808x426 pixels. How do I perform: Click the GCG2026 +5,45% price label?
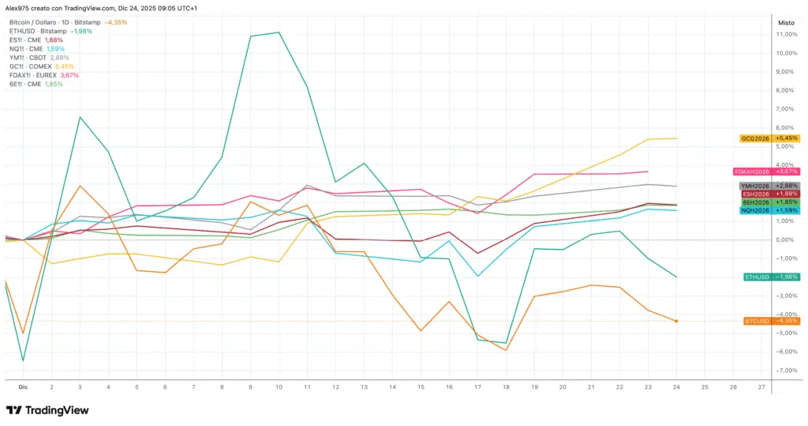coord(769,138)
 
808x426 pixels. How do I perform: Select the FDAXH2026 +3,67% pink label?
coord(765,171)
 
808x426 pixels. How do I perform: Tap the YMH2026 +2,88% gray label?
coord(769,186)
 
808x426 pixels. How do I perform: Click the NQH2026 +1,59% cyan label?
coord(769,210)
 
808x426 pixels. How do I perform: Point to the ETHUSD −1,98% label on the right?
coord(771,277)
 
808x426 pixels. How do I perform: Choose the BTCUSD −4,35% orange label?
coord(771,321)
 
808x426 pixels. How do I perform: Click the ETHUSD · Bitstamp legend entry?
coord(50,31)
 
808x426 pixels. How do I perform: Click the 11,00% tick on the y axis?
coord(787,34)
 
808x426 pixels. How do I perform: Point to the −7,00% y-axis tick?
coord(786,371)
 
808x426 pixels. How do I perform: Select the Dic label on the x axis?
coord(23,388)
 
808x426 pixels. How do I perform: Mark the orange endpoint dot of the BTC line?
coord(676,321)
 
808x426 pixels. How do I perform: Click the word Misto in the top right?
coord(786,23)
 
